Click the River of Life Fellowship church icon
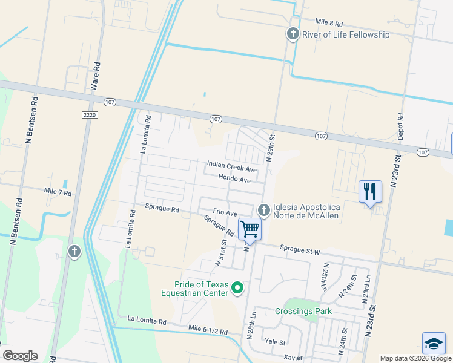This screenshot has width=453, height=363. tap(293, 34)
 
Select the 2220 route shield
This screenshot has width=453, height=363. tap(89, 114)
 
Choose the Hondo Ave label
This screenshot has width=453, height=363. tap(234, 180)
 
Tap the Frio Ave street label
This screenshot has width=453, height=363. tap(223, 213)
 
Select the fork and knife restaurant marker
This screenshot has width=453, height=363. tap(369, 192)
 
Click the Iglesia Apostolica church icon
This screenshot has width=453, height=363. tap(263, 210)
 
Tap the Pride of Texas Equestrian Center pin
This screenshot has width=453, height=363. tap(237, 289)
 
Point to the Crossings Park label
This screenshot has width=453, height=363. tap(303, 312)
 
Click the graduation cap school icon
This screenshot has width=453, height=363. tap(434, 343)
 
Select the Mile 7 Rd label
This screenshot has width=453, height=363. tap(58, 192)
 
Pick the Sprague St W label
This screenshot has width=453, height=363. tap(299, 249)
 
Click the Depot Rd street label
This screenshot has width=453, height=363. tap(400, 126)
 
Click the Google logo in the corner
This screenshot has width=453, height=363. tap(20, 356)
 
